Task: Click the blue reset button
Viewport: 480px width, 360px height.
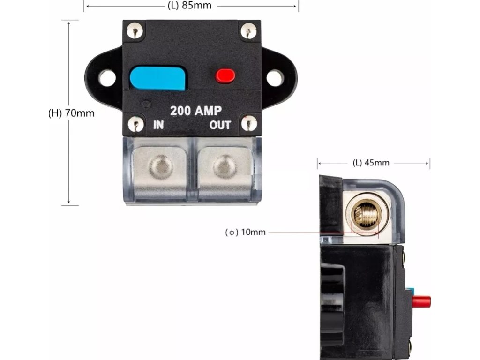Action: tap(157, 78)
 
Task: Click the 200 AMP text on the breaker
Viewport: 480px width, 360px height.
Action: tap(195, 111)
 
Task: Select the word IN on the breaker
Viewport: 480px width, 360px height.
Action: tap(159, 125)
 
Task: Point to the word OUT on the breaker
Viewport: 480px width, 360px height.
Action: tap(220, 125)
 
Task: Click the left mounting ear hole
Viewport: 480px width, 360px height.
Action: tap(107, 77)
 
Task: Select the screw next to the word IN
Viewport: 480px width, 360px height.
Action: tap(136, 124)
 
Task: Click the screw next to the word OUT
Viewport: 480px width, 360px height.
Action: tap(248, 124)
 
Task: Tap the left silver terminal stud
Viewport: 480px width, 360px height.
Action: tap(161, 167)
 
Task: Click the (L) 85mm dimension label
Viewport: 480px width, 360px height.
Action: tap(189, 6)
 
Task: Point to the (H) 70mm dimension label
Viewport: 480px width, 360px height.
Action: tap(71, 113)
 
